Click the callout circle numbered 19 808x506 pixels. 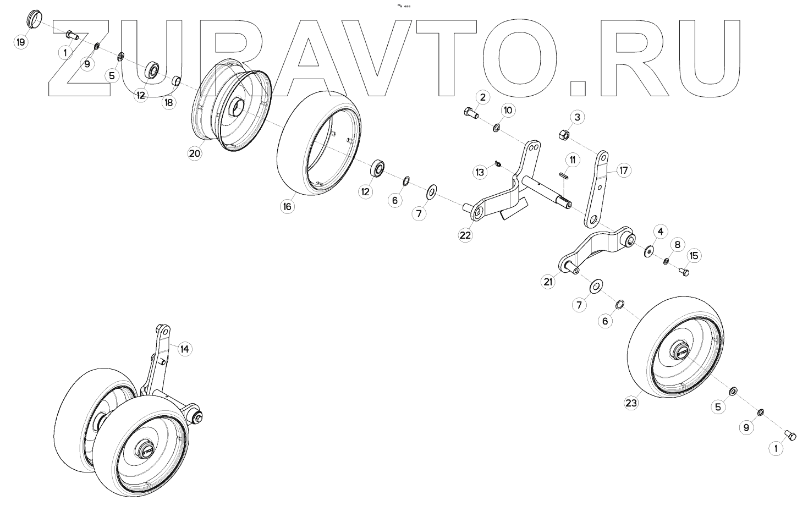[x=21, y=42]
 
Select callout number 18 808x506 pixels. [x=169, y=102]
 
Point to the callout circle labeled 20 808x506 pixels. [x=195, y=153]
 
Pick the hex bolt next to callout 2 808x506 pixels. [x=469, y=113]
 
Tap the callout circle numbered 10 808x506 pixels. [x=508, y=111]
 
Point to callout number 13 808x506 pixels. [x=480, y=172]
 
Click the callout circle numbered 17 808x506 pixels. [x=623, y=170]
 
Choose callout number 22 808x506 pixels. [x=465, y=235]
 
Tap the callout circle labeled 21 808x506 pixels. [x=548, y=282]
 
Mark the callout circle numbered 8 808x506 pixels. [x=678, y=244]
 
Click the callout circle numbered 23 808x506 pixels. [x=631, y=403]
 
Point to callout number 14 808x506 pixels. [x=184, y=349]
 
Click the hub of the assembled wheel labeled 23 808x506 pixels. [x=680, y=350]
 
